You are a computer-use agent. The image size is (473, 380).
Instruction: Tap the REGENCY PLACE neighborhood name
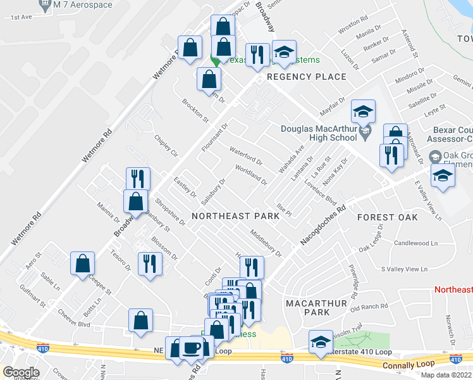(307, 77)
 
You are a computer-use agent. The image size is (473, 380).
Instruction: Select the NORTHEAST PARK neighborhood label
(235, 216)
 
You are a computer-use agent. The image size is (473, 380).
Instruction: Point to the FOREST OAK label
(387, 217)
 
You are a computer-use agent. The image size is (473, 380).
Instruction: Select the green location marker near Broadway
(215, 61)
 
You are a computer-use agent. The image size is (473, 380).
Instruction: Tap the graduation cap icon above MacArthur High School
(364, 112)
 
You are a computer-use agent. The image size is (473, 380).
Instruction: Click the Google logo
(21, 372)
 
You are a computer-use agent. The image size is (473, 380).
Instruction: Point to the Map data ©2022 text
(445, 375)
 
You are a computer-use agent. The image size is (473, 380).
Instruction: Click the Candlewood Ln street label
(415, 243)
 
